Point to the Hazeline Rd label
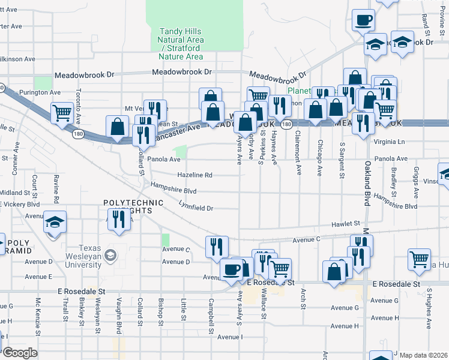click(x=194, y=175)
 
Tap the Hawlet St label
click(x=348, y=223)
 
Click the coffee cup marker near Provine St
click(x=363, y=21)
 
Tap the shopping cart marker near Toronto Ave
click(x=62, y=113)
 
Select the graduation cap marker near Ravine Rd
click(x=55, y=223)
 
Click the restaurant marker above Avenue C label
click(x=217, y=246)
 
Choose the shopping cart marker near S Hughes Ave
click(x=419, y=259)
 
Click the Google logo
click(x=19, y=353)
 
